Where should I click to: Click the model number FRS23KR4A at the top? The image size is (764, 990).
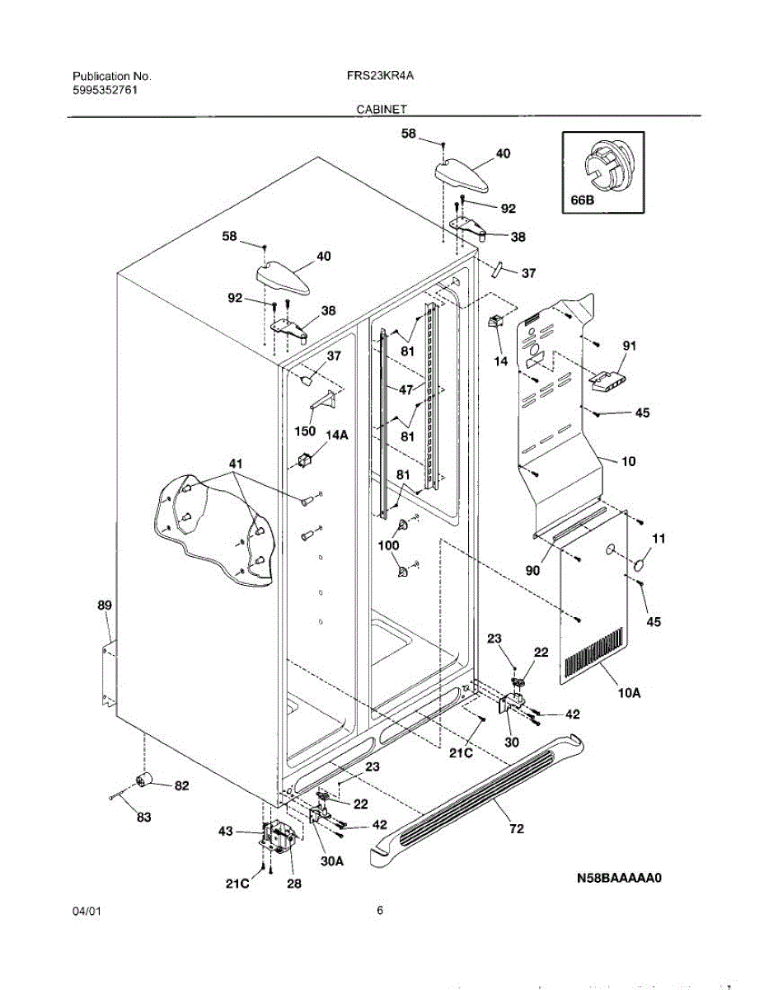(x=380, y=75)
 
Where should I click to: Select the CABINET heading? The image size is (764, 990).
(x=382, y=108)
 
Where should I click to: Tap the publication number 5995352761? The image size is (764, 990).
(x=104, y=90)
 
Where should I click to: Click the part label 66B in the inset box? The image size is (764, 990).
(x=582, y=199)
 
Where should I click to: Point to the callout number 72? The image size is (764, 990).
(x=516, y=828)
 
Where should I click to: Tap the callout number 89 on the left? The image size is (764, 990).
(x=104, y=606)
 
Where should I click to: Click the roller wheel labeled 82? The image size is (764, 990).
(x=146, y=780)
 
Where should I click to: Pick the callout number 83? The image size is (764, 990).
(x=143, y=818)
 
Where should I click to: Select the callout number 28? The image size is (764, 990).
(x=293, y=884)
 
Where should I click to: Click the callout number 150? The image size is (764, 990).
(x=304, y=429)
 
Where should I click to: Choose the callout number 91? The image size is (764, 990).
(x=630, y=346)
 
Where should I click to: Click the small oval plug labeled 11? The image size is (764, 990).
(x=637, y=564)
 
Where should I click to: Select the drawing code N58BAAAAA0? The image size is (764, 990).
(x=620, y=879)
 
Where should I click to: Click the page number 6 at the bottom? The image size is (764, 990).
(x=380, y=911)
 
